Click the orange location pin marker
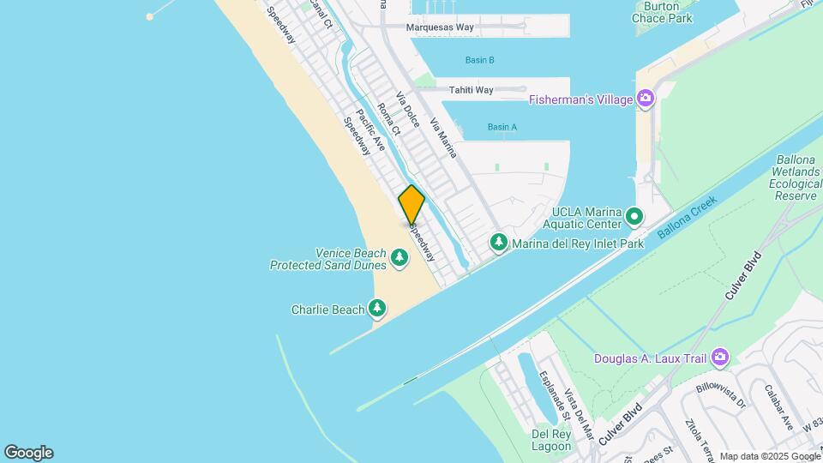click(411, 204)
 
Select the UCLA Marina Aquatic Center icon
click(634, 217)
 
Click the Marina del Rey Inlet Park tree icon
click(499, 244)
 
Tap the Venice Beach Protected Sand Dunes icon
click(399, 257)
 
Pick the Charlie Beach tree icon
click(377, 308)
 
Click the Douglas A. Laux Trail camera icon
click(720, 357)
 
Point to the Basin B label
click(479, 60)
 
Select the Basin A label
click(502, 127)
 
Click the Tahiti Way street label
click(472, 90)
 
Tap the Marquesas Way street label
click(440, 27)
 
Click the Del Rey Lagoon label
click(551, 439)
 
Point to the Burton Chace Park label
click(661, 12)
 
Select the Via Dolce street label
click(407, 111)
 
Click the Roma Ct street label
click(389, 121)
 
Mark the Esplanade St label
click(553, 395)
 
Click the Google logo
click(28, 453)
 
